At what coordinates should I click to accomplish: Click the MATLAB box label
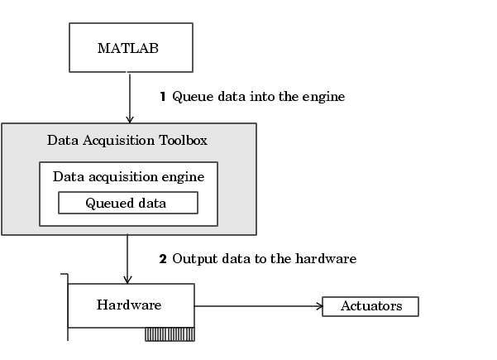click(x=128, y=48)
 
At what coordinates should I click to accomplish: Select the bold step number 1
click(x=163, y=97)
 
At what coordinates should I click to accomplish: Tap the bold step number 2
click(x=163, y=259)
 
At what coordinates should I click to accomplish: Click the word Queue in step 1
click(x=193, y=97)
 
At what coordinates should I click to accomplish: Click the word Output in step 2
click(x=195, y=259)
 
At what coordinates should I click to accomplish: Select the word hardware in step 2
click(x=326, y=258)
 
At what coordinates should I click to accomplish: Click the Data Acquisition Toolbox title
click(x=127, y=141)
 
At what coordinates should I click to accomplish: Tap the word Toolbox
click(x=184, y=140)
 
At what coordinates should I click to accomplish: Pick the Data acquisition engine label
click(x=129, y=177)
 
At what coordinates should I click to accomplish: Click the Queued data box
click(x=128, y=203)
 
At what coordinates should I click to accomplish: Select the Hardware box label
click(x=129, y=305)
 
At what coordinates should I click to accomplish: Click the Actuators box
click(x=370, y=306)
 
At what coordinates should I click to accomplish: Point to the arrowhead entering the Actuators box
click(x=320, y=306)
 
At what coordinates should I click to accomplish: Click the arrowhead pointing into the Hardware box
click(x=127, y=280)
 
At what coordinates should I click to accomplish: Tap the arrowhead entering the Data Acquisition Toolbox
click(x=129, y=119)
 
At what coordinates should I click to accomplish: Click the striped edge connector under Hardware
click(x=170, y=334)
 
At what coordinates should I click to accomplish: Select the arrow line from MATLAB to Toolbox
click(x=129, y=98)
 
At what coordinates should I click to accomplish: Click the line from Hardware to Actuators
click(x=259, y=306)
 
